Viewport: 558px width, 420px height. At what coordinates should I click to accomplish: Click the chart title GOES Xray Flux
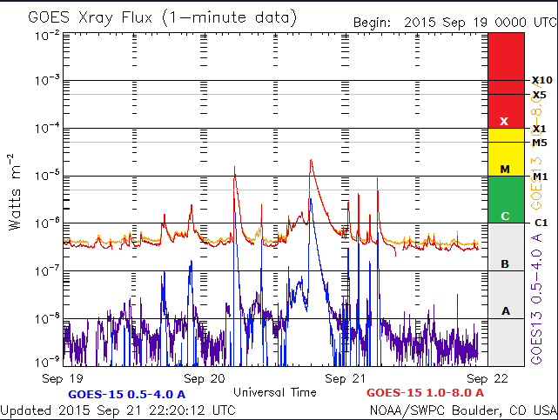(162, 17)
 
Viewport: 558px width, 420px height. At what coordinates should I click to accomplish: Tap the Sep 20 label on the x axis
(205, 379)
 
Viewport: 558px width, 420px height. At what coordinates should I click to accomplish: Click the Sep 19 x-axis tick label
(64, 379)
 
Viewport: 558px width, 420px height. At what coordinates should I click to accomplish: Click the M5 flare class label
(540, 143)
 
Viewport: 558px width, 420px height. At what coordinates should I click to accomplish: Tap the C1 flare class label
(540, 223)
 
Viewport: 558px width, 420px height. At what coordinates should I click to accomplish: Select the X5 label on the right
(540, 95)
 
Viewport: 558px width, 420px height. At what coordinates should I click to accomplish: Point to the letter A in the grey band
(505, 310)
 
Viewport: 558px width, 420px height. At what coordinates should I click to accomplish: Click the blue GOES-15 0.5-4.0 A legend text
(139, 394)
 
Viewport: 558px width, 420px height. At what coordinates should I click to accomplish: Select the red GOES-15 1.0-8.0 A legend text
(432, 394)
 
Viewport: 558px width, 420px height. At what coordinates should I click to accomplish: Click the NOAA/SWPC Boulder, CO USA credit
(461, 410)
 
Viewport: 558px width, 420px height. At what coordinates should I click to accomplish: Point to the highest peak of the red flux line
(311, 160)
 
